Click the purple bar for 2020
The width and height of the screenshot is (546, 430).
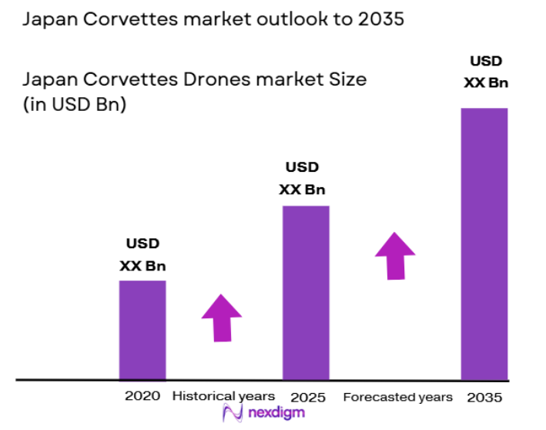coord(142,330)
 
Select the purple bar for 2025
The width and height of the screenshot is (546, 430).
coord(306,293)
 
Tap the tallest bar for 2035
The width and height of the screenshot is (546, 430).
coord(484,244)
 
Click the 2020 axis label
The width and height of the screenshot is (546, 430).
coord(142,396)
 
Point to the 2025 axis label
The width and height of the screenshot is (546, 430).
coord(308,398)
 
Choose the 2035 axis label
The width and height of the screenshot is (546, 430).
coord(484,398)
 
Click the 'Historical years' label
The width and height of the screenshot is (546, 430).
coord(223,396)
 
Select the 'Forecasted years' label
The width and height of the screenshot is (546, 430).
coord(397,397)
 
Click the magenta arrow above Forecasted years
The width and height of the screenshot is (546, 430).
coord(395,255)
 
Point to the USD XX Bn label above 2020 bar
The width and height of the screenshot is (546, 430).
coord(142,255)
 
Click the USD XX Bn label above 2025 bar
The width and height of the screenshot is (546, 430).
coord(302,178)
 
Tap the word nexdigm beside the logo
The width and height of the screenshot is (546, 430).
coord(275,413)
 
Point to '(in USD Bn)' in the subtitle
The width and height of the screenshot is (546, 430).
coord(75,105)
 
